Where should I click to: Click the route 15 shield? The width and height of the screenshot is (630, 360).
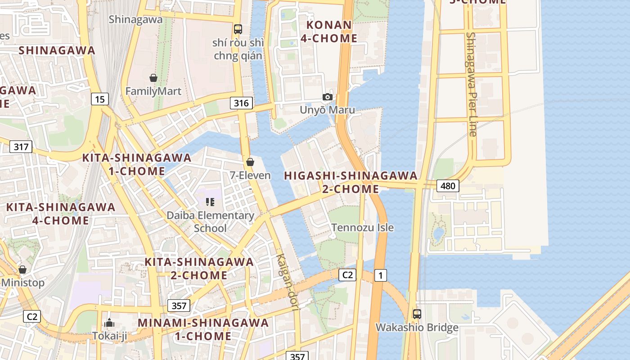click(99, 99)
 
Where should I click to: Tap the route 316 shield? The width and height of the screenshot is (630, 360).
click(241, 103)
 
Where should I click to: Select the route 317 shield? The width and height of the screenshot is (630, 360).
click(21, 147)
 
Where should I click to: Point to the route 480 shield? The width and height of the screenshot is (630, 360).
click(447, 185)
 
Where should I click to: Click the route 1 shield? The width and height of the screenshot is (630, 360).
click(380, 275)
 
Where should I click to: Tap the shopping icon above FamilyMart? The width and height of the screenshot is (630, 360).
click(153, 78)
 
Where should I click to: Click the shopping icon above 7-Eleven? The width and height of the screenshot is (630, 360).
click(250, 162)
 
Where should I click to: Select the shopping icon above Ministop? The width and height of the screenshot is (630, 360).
click(22, 270)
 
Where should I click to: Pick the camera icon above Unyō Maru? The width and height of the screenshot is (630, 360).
click(328, 97)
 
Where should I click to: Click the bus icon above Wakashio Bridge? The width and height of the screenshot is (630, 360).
click(417, 314)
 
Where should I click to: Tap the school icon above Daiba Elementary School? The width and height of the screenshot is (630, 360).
click(210, 202)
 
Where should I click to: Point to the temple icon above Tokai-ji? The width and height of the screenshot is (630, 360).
click(109, 323)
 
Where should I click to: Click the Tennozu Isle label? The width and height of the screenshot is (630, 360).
click(362, 228)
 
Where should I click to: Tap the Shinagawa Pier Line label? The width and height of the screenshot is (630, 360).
click(471, 84)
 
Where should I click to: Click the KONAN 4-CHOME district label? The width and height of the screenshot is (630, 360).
click(328, 31)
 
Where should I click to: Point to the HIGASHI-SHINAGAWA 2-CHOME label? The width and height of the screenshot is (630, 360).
click(351, 182)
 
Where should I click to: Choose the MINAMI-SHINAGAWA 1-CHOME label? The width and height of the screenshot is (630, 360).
click(203, 329)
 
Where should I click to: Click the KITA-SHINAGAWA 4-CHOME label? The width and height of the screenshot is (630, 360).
click(61, 214)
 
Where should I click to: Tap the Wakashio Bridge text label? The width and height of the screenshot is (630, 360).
click(417, 328)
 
